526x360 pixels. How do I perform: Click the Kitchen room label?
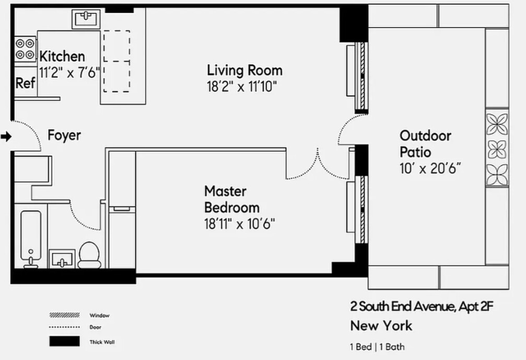point(62,56)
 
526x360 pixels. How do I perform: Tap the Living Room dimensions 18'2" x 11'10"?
point(241,87)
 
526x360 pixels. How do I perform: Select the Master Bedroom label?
point(231,199)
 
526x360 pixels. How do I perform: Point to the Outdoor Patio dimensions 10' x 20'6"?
point(431,169)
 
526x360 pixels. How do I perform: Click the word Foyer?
point(64,135)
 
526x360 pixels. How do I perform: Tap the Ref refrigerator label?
point(25,83)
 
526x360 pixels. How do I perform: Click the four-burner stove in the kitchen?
point(25,49)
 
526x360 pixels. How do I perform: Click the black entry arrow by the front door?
point(6,137)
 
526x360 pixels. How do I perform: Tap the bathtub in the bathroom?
point(33,238)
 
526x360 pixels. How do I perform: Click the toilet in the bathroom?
point(89,254)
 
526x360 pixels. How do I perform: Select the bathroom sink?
point(62,259)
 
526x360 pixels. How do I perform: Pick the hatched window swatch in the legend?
point(64,315)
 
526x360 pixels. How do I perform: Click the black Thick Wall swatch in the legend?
point(64,342)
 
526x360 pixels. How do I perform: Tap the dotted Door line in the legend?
point(64,328)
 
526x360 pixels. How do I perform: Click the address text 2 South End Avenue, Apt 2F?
point(421,306)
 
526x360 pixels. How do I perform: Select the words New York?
point(381,326)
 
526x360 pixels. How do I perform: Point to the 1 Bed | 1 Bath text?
point(377,346)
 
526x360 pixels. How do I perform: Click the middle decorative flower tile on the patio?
point(497,148)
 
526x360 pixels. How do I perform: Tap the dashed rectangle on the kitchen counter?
point(116,61)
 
